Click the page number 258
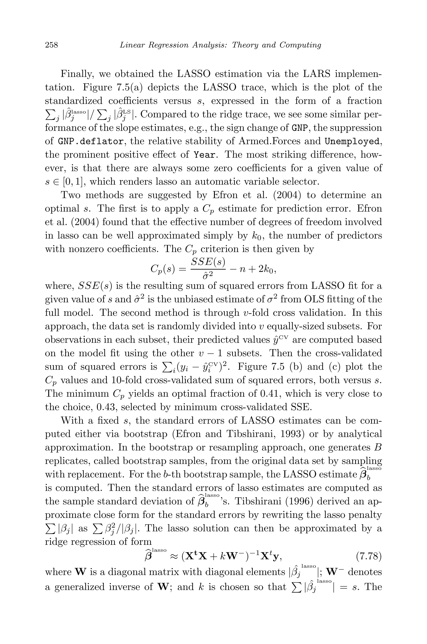51,45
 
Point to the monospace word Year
206,155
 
